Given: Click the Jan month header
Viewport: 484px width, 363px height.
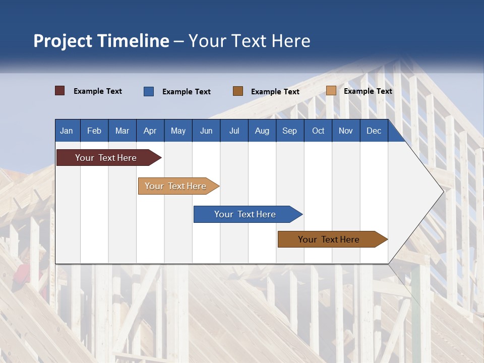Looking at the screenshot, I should [x=67, y=131].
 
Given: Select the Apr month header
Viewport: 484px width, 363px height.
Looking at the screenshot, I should [x=150, y=131].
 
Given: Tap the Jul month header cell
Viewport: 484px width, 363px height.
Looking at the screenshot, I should [x=234, y=131].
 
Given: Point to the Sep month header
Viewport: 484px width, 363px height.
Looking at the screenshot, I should [x=290, y=131].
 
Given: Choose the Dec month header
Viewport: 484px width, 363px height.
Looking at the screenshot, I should [x=374, y=131].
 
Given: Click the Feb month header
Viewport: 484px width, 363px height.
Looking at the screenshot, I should [x=94, y=131].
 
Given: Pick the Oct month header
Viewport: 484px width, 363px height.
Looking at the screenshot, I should [x=318, y=131].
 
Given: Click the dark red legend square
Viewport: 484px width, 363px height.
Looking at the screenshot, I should [x=60, y=91].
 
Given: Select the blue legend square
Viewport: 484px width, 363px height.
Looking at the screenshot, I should [x=149, y=91].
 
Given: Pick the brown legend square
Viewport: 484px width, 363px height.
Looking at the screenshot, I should [x=238, y=91].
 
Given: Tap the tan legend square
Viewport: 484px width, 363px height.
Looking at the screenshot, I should [x=331, y=91].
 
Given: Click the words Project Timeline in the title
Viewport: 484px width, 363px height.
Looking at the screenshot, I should [x=101, y=41].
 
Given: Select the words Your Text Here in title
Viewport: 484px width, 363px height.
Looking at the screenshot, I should [x=250, y=41].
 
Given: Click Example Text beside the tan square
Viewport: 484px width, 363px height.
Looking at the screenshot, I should [x=368, y=91].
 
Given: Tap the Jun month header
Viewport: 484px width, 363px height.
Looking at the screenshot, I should [x=206, y=131].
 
